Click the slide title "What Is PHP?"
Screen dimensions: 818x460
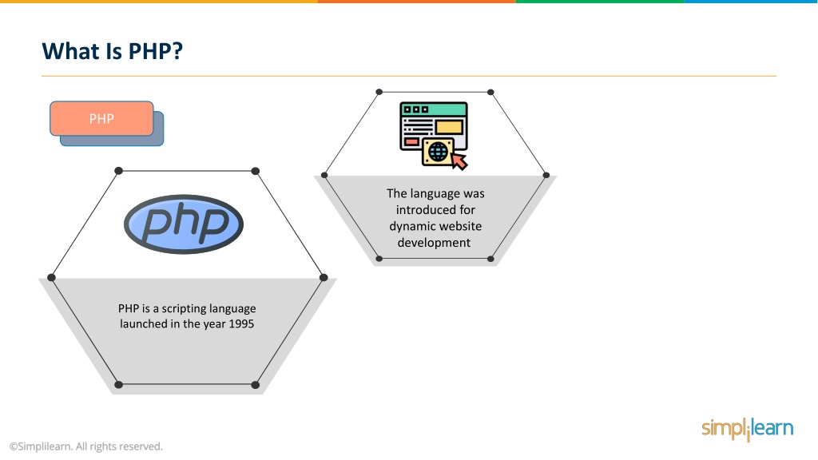coord(112,51)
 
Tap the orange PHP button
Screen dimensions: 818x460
coord(101,119)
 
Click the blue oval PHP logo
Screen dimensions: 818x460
coord(184,224)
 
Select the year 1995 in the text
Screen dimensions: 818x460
coord(241,324)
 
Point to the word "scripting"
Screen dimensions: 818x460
coord(183,309)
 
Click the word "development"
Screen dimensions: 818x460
coord(434,243)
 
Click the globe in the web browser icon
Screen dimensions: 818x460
coord(438,152)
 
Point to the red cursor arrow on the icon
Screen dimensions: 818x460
coord(459,161)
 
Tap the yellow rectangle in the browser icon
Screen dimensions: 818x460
coord(449,127)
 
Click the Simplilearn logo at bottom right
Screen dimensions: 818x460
coord(748,429)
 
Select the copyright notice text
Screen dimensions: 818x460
coord(86,446)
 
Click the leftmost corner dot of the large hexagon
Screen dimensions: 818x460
coord(51,277)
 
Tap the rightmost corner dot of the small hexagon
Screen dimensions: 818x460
coord(546,175)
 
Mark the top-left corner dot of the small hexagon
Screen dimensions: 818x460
coord(379,92)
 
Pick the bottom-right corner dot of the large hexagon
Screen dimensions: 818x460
coord(255,385)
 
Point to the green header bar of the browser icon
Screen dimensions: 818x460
coord(434,109)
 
